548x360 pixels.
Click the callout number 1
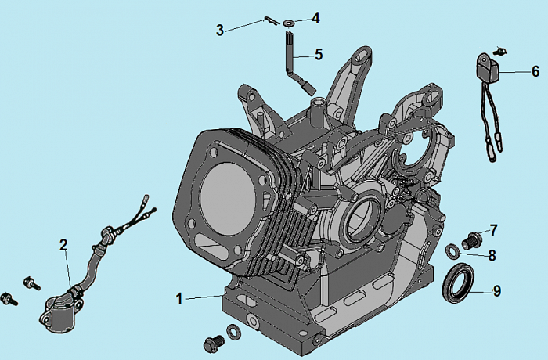[x=179, y=298]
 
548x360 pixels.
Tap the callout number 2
[x=63, y=244]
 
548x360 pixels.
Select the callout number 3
[x=220, y=30]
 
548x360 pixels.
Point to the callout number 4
[x=315, y=17]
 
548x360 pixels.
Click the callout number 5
[x=318, y=54]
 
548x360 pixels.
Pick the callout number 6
[x=535, y=71]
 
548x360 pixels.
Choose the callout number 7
[x=493, y=229]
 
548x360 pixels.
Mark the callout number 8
[x=492, y=254]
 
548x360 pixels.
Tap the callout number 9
[x=496, y=291]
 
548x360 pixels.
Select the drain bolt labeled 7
[x=471, y=240]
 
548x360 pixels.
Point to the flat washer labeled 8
[x=453, y=251]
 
